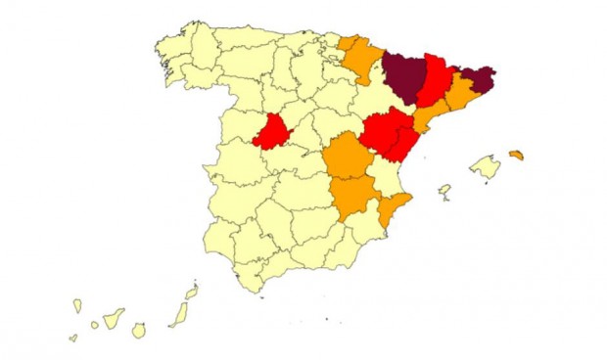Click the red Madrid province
click(x=273, y=133)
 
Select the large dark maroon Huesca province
click(x=403, y=77)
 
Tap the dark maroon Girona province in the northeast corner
click(x=478, y=76)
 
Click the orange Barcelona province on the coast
click(x=461, y=96)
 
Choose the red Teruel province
click(x=384, y=131)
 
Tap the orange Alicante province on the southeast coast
click(x=394, y=208)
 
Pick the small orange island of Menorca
click(x=516, y=155)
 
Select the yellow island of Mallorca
click(x=486, y=167)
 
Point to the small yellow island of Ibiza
click(x=444, y=190)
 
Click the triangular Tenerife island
click(x=116, y=318)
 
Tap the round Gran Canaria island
click(x=139, y=331)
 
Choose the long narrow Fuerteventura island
click(x=179, y=314)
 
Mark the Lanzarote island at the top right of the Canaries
click(x=192, y=292)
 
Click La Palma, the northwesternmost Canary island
click(x=77, y=306)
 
